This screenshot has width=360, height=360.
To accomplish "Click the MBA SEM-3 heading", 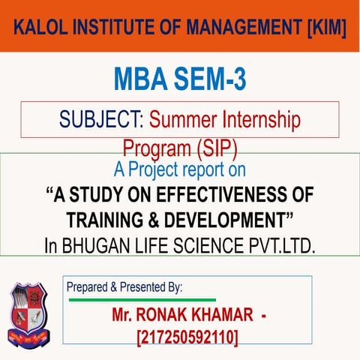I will (179, 77).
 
